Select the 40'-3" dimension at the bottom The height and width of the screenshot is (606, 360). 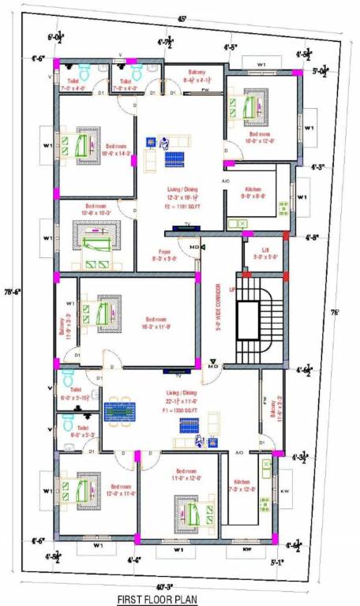pos(164,586)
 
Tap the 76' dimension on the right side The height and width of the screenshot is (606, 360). pos(335,312)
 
